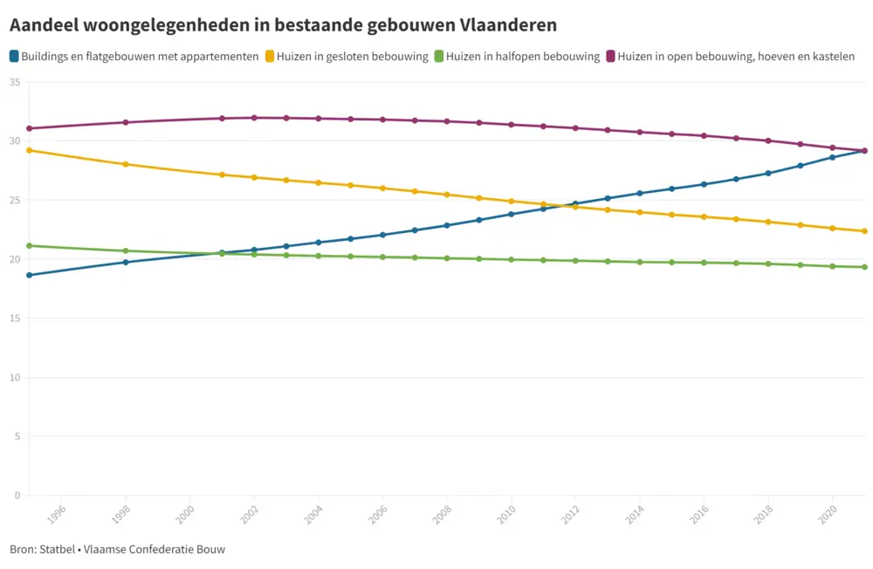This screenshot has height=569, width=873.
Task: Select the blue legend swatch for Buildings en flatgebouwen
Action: (14, 57)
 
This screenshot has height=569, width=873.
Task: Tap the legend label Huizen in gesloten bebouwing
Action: (352, 57)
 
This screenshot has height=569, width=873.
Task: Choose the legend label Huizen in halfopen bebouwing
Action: (522, 57)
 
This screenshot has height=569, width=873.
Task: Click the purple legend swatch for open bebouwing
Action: (610, 57)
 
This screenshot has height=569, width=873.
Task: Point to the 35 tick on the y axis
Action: (14, 82)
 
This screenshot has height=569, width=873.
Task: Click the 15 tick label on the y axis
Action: (14, 319)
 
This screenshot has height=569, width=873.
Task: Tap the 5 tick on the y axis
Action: (17, 436)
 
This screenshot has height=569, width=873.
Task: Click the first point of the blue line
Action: (30, 275)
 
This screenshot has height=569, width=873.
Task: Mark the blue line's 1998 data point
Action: (126, 262)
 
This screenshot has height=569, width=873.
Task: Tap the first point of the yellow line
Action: (30, 150)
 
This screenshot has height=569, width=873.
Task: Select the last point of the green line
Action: (864, 267)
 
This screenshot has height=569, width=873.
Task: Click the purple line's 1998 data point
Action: (126, 122)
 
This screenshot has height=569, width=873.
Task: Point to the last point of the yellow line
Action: (864, 231)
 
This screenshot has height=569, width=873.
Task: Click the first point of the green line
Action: (30, 245)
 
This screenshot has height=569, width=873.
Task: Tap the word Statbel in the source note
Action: (57, 550)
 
